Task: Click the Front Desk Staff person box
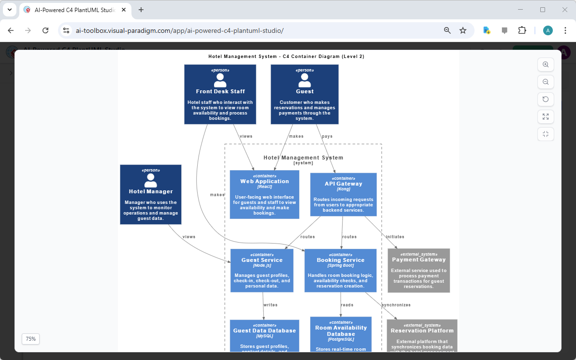click(x=220, y=94)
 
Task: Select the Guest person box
click(x=304, y=94)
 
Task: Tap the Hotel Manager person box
click(x=151, y=194)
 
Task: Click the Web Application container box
click(x=264, y=194)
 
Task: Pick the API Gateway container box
click(x=343, y=194)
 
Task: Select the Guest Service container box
click(x=262, y=270)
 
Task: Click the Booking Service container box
click(x=340, y=270)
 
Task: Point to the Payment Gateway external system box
click(x=418, y=270)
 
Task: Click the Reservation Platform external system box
click(x=422, y=335)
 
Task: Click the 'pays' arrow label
click(x=327, y=136)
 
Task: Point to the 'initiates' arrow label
click(x=395, y=237)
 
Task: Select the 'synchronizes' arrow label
click(x=396, y=305)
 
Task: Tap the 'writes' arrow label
click(x=271, y=305)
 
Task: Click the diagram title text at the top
click(x=286, y=57)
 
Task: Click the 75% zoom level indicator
click(x=30, y=339)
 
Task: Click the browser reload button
click(x=45, y=30)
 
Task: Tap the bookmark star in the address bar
click(x=463, y=30)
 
